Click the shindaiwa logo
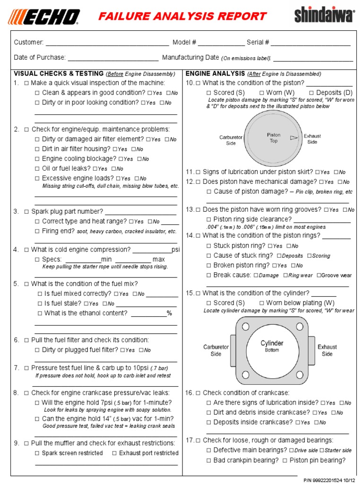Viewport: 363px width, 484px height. pyautogui.click(x=324, y=16)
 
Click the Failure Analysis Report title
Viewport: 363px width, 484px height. pyautogui.click(x=182, y=17)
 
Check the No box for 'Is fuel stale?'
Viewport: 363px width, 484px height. pyautogui.click(x=105, y=304)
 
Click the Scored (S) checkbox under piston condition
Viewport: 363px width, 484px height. pyautogui.click(x=208, y=93)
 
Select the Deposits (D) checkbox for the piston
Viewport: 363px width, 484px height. pyautogui.click(x=311, y=93)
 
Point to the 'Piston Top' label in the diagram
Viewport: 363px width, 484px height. pyautogui.click(x=274, y=138)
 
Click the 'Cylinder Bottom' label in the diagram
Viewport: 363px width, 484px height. pyautogui.click(x=272, y=346)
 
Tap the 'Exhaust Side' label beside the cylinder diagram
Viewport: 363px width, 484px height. pyautogui.click(x=327, y=350)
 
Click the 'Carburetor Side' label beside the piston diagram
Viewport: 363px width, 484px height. pyautogui.click(x=231, y=140)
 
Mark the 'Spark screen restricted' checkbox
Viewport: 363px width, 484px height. pyautogui.click(x=37, y=453)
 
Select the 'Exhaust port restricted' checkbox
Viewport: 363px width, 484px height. pyautogui.click(x=114, y=453)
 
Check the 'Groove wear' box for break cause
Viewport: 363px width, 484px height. pyautogui.click(x=319, y=276)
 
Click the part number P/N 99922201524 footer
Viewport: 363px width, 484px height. pyautogui.click(x=330, y=479)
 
